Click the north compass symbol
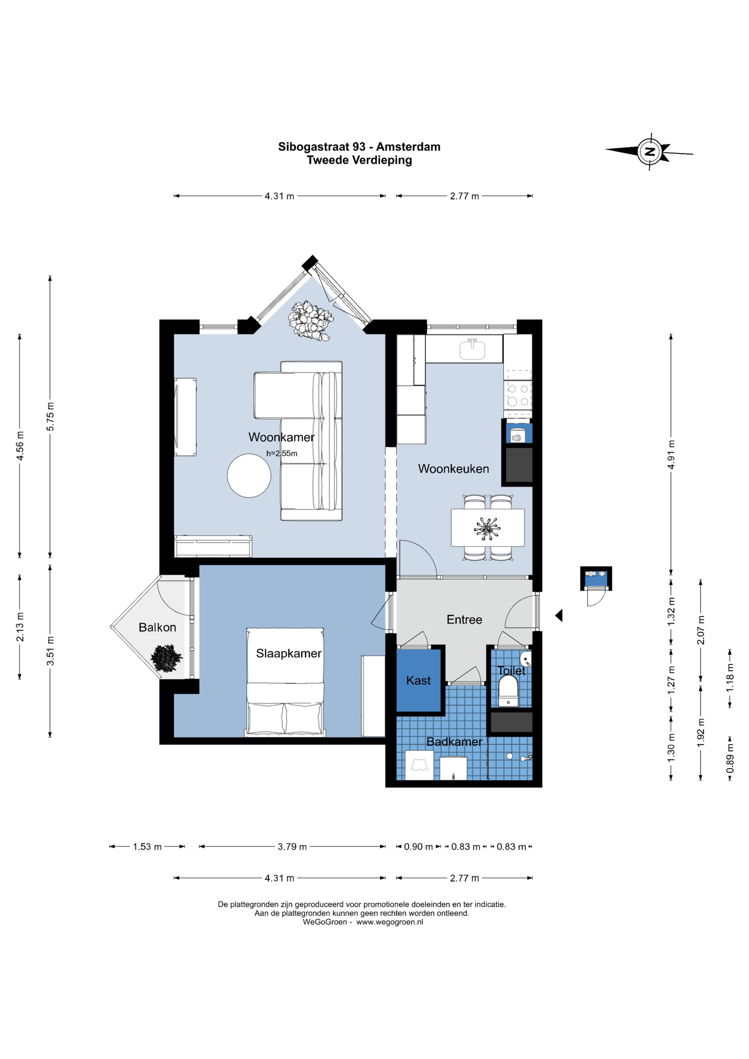click(x=650, y=151)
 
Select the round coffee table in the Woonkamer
click(x=249, y=476)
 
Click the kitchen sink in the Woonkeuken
click(x=472, y=349)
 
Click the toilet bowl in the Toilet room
click(x=508, y=692)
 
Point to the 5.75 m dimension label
click(x=50, y=417)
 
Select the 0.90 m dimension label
click(x=418, y=847)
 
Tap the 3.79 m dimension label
click(x=292, y=847)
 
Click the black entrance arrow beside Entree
click(x=559, y=615)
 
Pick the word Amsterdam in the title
click(x=408, y=147)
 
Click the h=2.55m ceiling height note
click(x=282, y=453)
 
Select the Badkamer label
click(x=454, y=742)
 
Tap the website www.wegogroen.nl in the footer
click(x=390, y=922)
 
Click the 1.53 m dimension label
click(x=147, y=847)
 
